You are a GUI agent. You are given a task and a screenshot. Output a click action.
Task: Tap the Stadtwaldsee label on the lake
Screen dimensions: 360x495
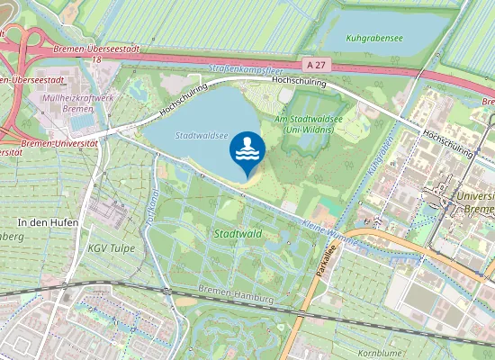tap(199, 136)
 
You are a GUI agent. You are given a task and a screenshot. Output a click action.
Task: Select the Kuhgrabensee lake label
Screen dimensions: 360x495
tap(374, 40)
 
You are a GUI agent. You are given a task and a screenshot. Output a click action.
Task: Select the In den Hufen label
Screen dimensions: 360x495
tap(48, 221)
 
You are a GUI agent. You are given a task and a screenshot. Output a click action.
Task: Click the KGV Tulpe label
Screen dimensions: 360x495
tap(109, 246)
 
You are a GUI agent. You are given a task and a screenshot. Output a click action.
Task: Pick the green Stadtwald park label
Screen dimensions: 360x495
tap(238, 233)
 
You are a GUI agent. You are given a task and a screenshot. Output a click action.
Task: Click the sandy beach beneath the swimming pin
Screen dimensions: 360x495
tap(252, 182)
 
